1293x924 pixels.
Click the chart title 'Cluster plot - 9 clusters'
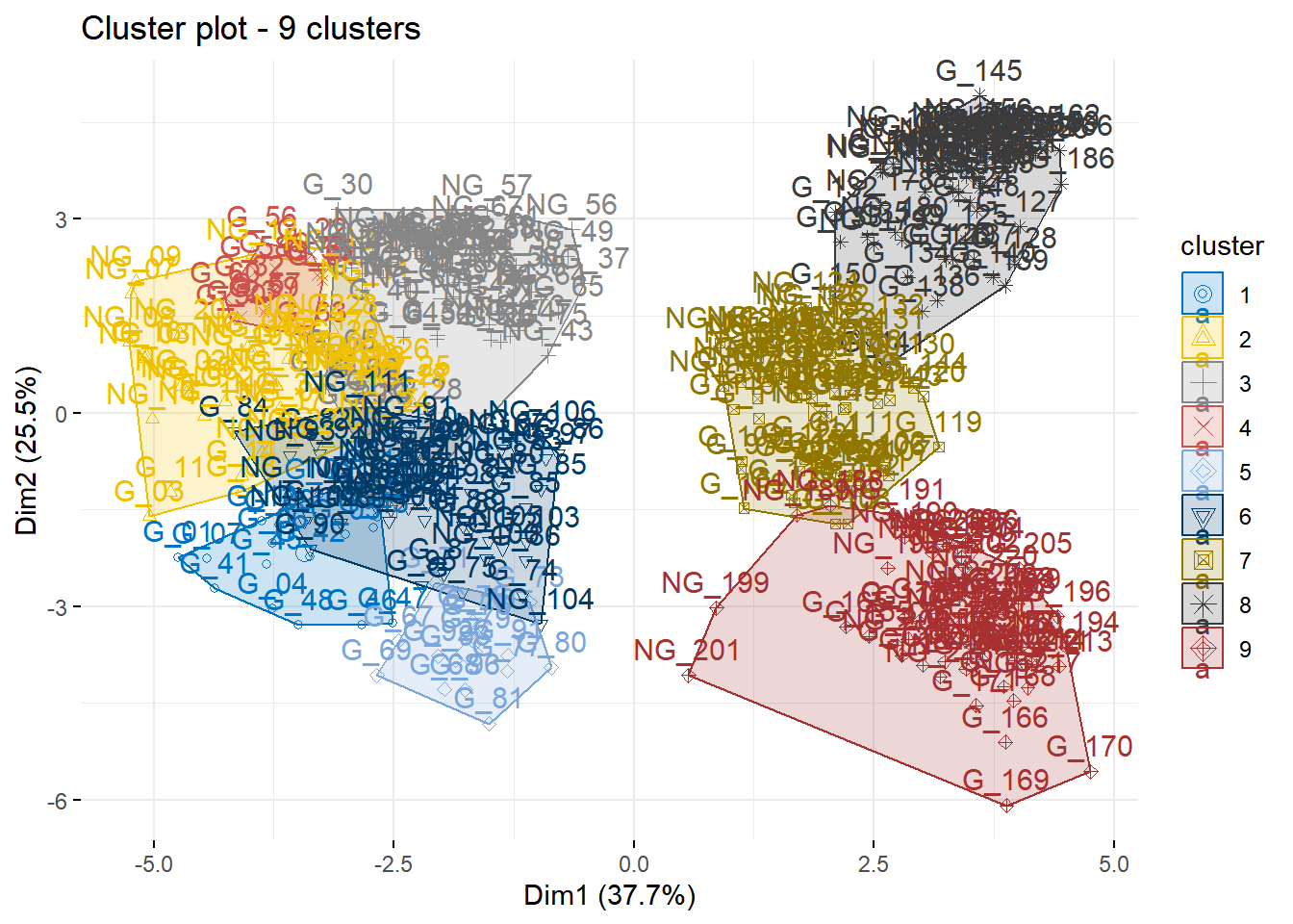(251, 29)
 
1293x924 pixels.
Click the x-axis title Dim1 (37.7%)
(609, 896)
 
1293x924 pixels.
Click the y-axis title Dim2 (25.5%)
(27, 449)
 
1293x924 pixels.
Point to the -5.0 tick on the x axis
(153, 863)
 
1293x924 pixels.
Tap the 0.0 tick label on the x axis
(633, 863)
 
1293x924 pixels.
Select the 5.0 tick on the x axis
(1113, 863)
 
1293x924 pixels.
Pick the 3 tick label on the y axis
(62, 219)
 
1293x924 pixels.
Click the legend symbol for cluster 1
(1203, 295)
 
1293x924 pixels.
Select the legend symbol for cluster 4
(1203, 427)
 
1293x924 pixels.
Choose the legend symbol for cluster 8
(1203, 604)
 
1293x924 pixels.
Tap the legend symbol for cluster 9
(1203, 649)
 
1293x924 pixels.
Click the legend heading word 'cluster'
(1222, 246)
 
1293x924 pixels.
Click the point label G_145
(978, 71)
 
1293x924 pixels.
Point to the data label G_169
(1005, 780)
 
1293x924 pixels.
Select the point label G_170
(1089, 746)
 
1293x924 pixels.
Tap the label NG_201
(686, 651)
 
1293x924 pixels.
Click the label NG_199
(715, 583)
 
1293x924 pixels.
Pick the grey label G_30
(338, 184)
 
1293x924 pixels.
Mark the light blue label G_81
(488, 698)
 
